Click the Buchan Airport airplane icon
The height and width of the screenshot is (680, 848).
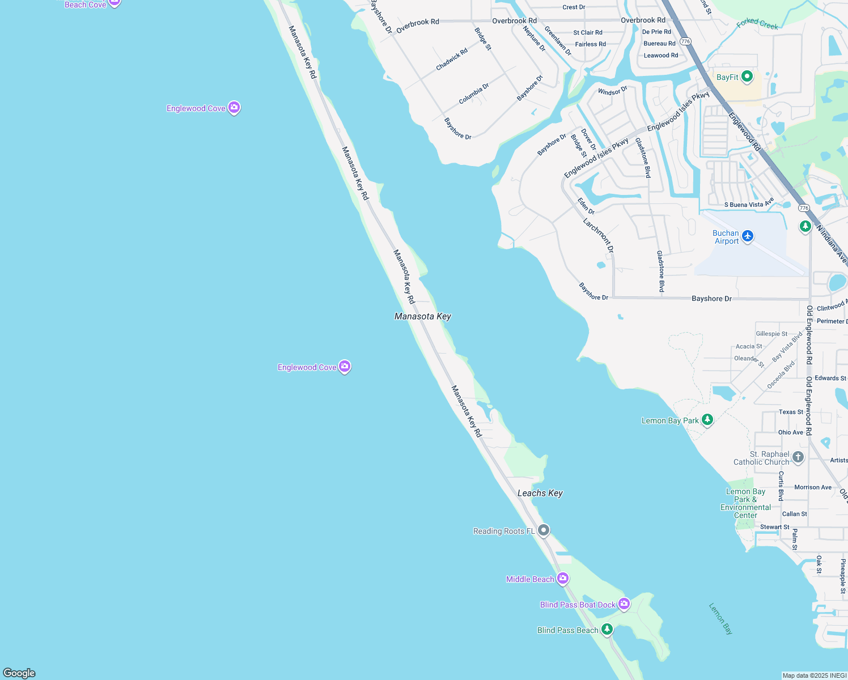tap(748, 236)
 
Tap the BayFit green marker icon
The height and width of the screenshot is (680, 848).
tap(747, 76)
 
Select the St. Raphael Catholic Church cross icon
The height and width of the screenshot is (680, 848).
tap(798, 457)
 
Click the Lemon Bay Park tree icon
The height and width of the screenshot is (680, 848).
tap(707, 420)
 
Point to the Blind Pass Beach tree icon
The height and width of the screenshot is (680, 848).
tap(607, 629)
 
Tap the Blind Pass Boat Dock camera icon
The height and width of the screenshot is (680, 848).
tap(624, 604)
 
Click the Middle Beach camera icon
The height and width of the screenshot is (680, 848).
tap(562, 578)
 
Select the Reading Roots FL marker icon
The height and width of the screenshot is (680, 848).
tap(544, 530)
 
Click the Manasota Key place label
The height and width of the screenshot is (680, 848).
tap(423, 316)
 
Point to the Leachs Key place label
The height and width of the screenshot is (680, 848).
tap(540, 493)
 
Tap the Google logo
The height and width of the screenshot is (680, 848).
tap(19, 673)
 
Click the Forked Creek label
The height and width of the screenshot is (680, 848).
tap(757, 24)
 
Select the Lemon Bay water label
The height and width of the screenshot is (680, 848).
tap(720, 618)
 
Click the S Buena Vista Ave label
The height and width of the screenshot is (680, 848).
tap(749, 204)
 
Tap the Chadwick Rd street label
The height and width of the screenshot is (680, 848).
tap(452, 59)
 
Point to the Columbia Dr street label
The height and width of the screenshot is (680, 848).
tap(474, 93)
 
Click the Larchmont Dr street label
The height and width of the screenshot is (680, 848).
tap(599, 235)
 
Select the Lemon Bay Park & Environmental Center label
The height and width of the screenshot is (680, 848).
tap(745, 503)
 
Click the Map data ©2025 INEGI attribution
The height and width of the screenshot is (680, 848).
tap(814, 675)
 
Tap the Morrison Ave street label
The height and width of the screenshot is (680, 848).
tap(813, 487)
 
